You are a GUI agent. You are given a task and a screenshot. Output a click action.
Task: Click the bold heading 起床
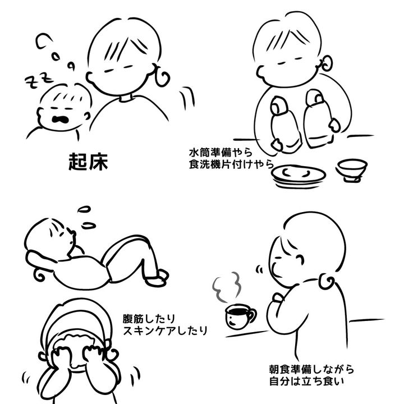88,162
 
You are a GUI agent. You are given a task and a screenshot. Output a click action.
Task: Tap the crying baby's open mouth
60,119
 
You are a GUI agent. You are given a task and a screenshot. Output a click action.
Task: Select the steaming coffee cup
240,316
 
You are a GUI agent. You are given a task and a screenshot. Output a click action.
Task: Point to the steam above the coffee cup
227,287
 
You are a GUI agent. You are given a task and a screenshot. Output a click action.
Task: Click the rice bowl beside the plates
352,171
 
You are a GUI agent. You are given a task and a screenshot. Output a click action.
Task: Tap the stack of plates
299,177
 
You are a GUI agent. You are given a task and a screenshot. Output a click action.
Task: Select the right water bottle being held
318,118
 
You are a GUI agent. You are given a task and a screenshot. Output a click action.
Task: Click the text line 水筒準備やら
221,153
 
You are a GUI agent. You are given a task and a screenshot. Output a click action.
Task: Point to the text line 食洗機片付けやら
231,164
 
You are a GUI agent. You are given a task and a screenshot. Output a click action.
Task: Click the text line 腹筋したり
149,319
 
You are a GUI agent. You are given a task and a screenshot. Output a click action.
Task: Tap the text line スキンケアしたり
165,330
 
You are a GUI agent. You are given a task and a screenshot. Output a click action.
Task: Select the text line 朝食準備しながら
311,369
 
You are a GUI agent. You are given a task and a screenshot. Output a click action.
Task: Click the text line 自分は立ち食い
306,381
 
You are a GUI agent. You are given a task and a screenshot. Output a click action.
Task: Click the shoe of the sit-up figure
158,278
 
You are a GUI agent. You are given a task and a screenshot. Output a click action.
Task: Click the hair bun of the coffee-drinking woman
327,281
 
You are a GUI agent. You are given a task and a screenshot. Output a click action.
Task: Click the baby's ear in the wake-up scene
87,116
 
